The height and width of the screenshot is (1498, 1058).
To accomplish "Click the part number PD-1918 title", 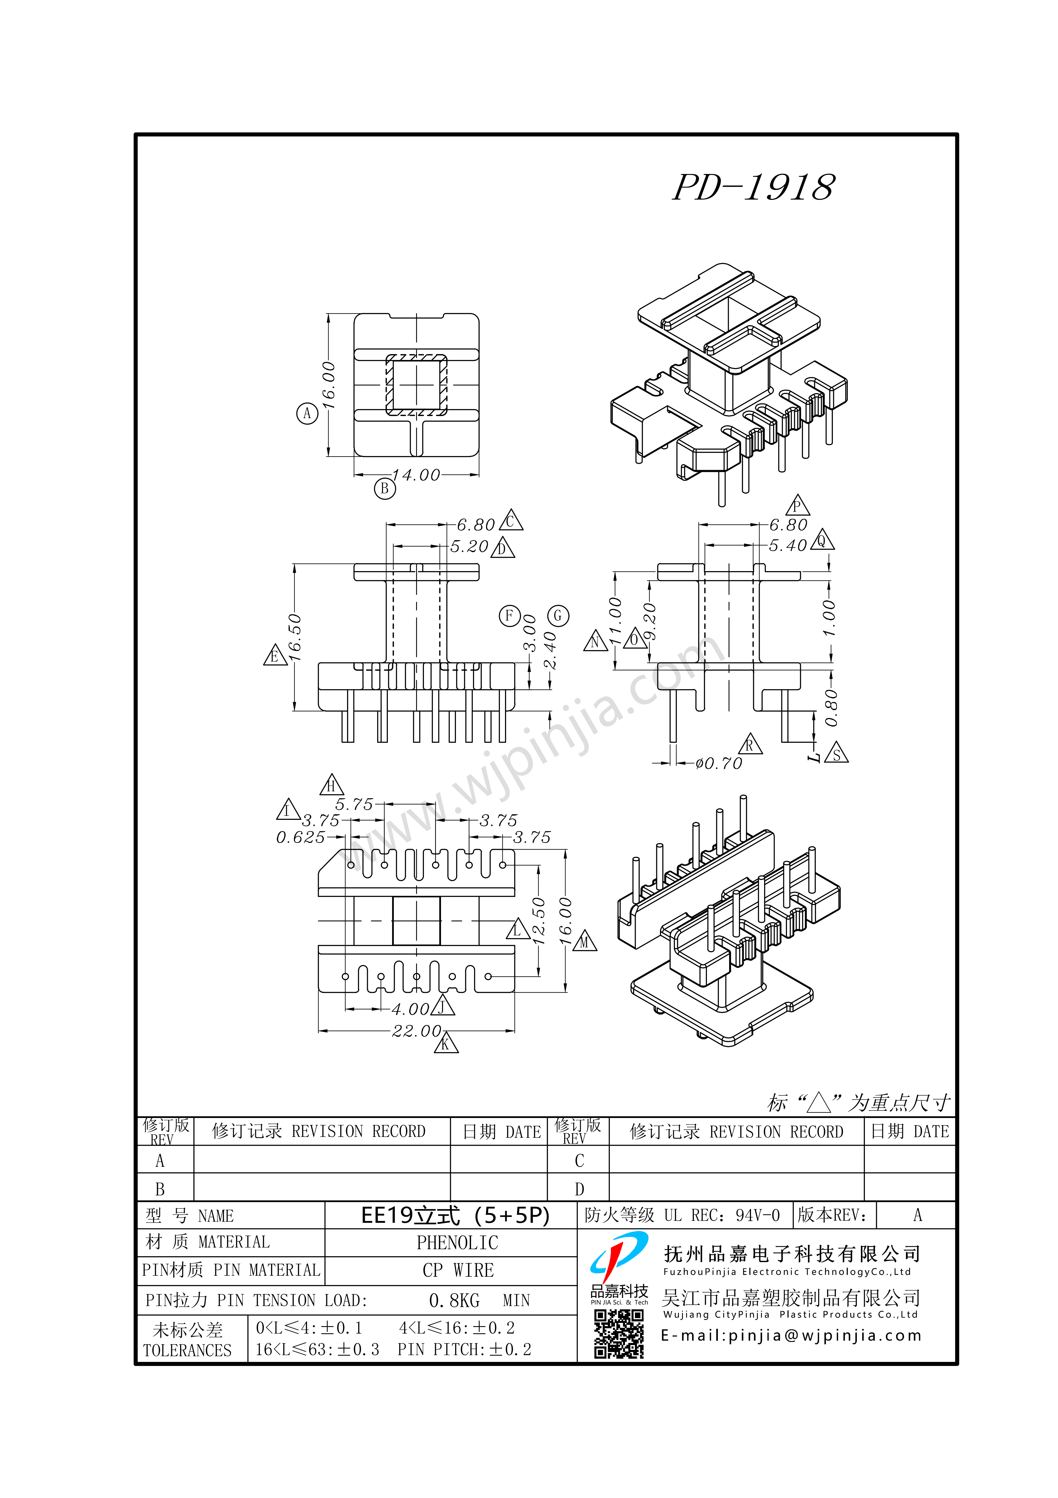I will (753, 188).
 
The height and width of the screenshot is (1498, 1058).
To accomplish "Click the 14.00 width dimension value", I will (416, 475).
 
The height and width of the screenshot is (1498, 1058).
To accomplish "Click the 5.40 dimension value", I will (788, 546).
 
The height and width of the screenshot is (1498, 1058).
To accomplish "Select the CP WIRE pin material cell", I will (458, 1270).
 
